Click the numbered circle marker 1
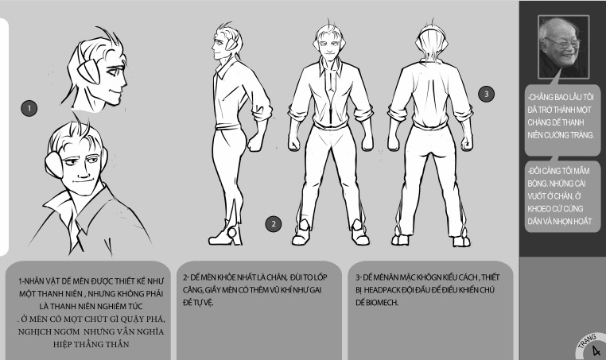[29, 109]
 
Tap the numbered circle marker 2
[274, 224]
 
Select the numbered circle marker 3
[486, 94]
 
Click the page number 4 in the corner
[596, 350]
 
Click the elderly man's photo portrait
[564, 46]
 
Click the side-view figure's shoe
[225, 235]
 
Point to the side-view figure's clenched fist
[255, 142]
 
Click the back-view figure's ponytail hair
[432, 48]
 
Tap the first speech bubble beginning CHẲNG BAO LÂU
[562, 119]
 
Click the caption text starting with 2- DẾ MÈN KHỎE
[255, 290]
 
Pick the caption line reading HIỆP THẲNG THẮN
[91, 344]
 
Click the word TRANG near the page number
[587, 341]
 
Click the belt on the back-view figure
[429, 126]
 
